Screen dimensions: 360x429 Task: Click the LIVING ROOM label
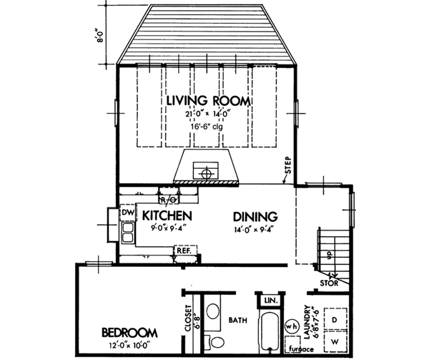(x=208, y=101)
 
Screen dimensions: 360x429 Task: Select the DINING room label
(x=254, y=215)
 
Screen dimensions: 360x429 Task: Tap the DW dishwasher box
(x=127, y=213)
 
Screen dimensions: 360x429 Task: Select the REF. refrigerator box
(x=183, y=251)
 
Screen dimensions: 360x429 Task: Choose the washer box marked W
(x=335, y=342)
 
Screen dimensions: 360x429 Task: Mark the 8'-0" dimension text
(x=102, y=34)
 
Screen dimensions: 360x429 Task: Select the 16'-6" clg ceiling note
(x=208, y=126)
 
